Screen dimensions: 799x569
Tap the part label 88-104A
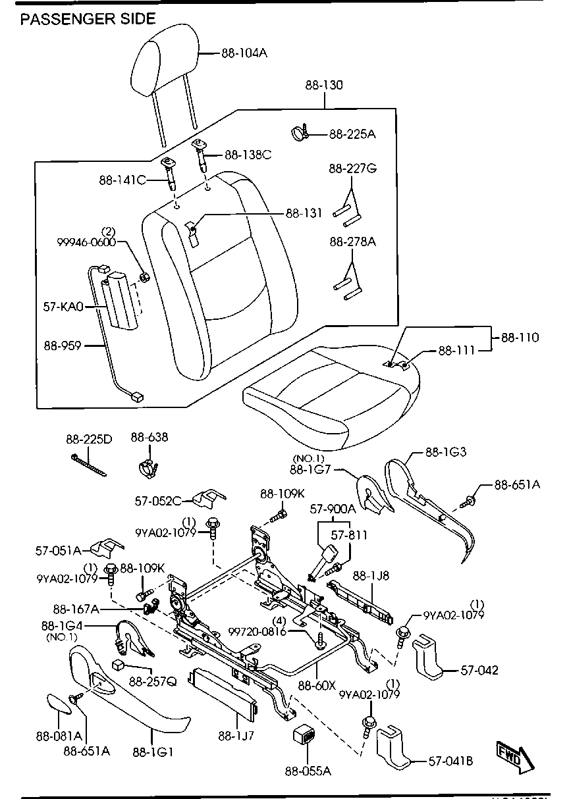[244, 53]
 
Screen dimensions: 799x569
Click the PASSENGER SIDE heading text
[88, 19]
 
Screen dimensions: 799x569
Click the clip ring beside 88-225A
[299, 132]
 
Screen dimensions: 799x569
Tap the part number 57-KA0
[64, 306]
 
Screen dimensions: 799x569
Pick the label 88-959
[63, 345]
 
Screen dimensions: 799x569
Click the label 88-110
[520, 338]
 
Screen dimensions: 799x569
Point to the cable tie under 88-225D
[90, 465]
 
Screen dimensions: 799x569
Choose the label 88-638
[149, 437]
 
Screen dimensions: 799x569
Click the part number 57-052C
[158, 501]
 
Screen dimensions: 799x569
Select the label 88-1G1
[153, 752]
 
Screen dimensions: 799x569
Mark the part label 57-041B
[450, 762]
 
